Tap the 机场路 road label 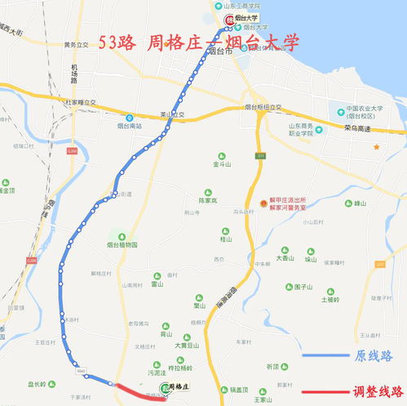click(x=73, y=74)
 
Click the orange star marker click(x=377, y=147)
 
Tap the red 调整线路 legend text click(x=374, y=391)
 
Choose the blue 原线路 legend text click(x=374, y=356)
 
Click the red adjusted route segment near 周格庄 click(x=131, y=390)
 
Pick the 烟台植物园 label click(x=122, y=244)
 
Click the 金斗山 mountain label click(x=223, y=163)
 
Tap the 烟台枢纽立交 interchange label click(x=263, y=107)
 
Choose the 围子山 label click(x=303, y=287)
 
